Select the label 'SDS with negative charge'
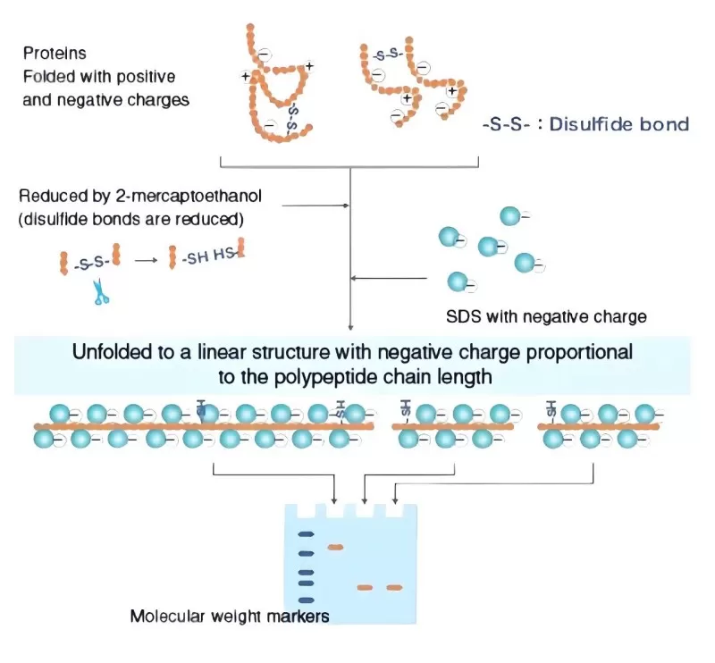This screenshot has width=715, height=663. [x=546, y=316]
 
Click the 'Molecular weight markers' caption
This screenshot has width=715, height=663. [x=217, y=616]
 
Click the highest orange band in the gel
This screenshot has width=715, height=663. [x=336, y=547]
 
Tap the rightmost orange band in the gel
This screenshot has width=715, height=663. [x=394, y=587]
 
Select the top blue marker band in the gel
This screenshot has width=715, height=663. [x=306, y=534]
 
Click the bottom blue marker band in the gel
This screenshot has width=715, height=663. [x=306, y=600]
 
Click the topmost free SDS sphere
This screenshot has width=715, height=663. [x=509, y=215]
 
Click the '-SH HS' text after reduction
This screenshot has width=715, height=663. [x=208, y=258]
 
